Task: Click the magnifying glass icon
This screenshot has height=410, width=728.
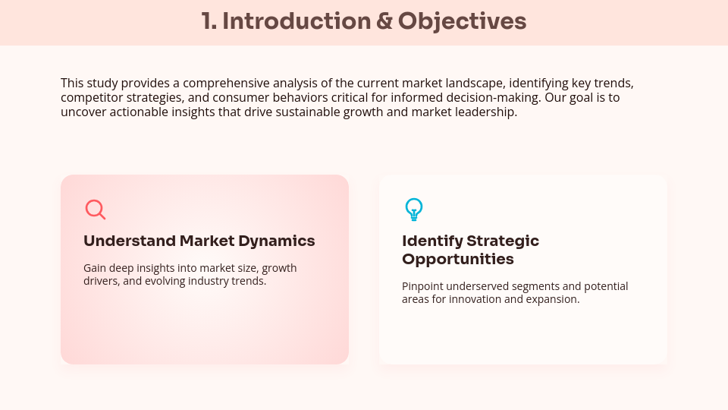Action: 95,210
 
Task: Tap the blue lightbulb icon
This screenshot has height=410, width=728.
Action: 413,209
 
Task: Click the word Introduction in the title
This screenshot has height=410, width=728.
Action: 296,21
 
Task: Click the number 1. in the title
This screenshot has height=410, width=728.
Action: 209,21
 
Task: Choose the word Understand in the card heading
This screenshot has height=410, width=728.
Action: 129,241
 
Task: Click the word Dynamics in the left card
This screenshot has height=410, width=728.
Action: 276,241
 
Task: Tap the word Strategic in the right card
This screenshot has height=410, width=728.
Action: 503,241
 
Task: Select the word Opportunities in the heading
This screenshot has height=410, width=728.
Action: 457,260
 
